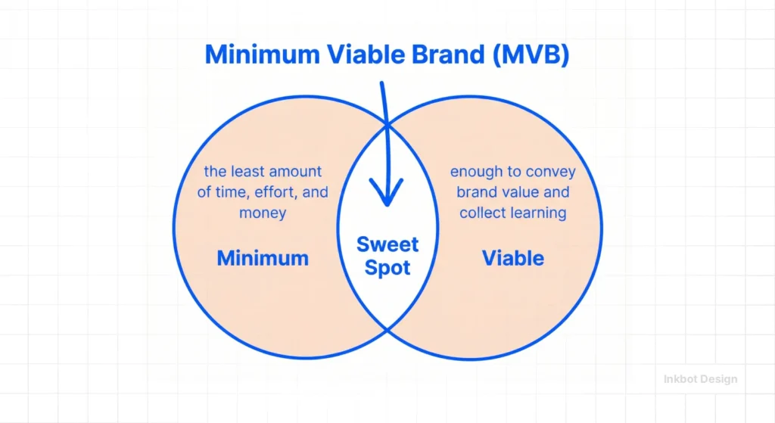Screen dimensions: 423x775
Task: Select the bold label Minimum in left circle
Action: tap(263, 258)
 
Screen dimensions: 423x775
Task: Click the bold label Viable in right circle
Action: tap(513, 258)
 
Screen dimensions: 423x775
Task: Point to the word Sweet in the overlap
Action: tap(387, 244)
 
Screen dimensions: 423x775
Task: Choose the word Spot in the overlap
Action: tap(387, 267)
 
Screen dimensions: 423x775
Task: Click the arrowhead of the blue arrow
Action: tap(387, 198)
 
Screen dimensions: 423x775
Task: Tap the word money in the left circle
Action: tap(263, 213)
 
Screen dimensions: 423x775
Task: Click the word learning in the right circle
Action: tap(537, 213)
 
